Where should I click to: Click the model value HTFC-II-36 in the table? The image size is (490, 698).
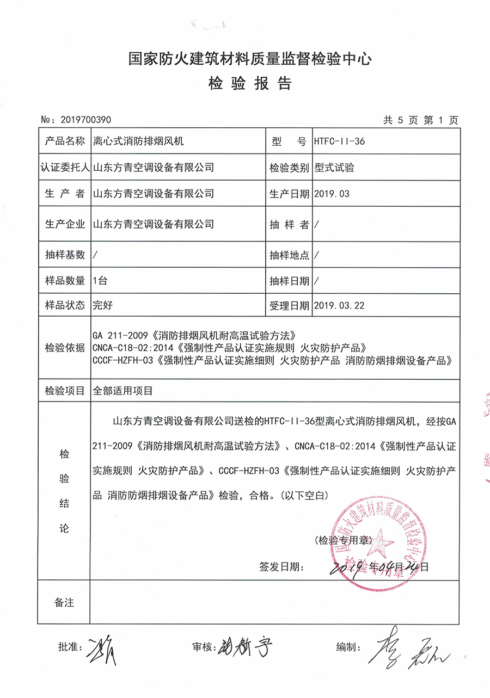pyautogui.click(x=339, y=141)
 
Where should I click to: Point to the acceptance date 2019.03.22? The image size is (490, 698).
pyautogui.click(x=339, y=305)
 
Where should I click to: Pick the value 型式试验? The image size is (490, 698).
pyautogui.click(x=334, y=168)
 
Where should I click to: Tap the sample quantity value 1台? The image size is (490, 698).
pyautogui.click(x=101, y=281)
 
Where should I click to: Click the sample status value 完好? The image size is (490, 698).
pyautogui.click(x=103, y=305)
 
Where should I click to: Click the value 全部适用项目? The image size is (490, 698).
pyautogui.click(x=124, y=391)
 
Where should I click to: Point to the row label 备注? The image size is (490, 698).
pyautogui.click(x=64, y=602)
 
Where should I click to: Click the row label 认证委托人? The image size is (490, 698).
pyautogui.click(x=65, y=168)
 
